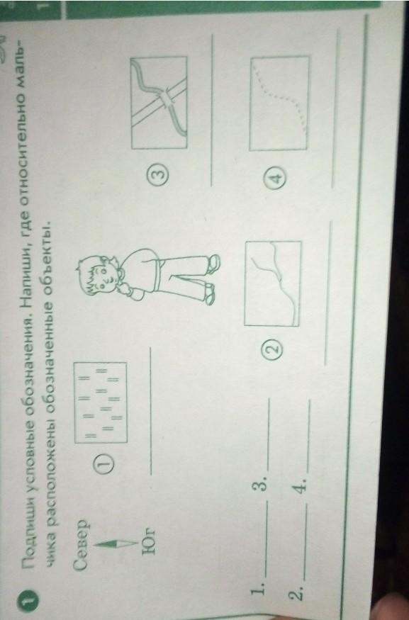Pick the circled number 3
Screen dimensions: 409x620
(x=160, y=174)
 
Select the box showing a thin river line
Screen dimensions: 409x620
(x=273, y=283)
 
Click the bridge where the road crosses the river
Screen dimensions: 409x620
(x=166, y=98)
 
